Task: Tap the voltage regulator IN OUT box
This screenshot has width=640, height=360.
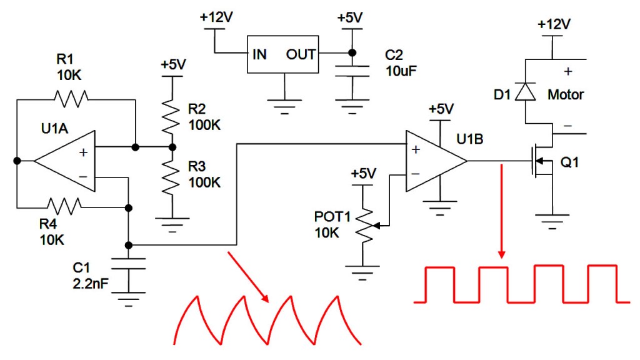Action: [284, 55]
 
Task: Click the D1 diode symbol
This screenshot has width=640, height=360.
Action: [526, 92]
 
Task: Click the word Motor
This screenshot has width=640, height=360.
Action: [566, 95]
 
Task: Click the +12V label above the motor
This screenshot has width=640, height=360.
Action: [554, 24]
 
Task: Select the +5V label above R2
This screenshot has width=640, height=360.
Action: [172, 65]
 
